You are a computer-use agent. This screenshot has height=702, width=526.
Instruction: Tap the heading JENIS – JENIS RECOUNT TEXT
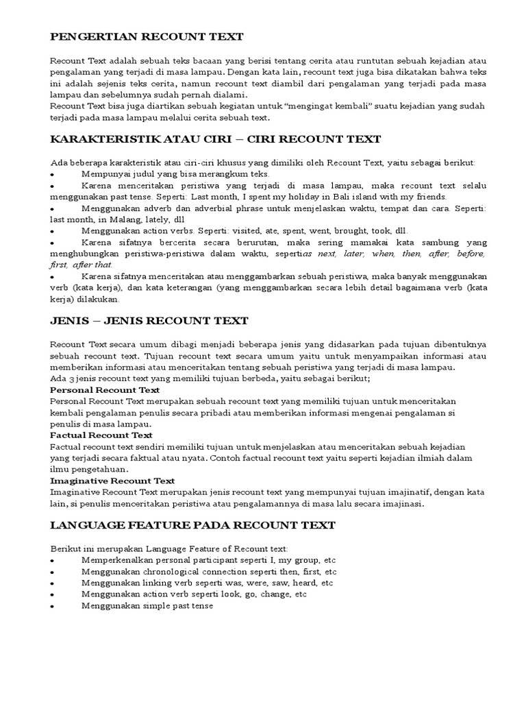pos(149,321)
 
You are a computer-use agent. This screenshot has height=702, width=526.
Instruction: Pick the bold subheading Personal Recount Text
pos(105,389)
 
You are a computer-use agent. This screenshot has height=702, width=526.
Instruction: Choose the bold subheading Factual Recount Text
pos(101,435)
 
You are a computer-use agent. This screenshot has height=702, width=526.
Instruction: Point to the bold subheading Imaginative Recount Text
pos(112,481)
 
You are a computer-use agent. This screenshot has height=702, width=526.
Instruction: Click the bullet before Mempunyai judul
pos(53,175)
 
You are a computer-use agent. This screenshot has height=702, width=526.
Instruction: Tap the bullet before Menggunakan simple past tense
pos(53,606)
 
